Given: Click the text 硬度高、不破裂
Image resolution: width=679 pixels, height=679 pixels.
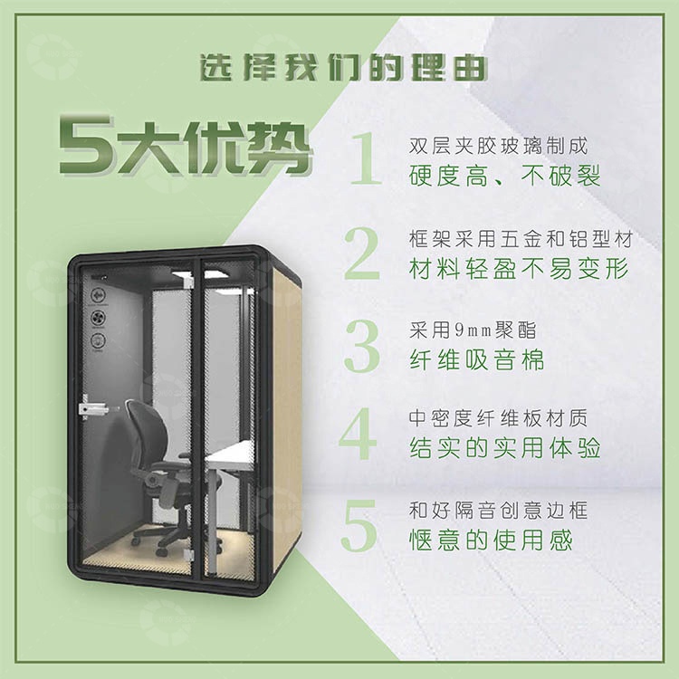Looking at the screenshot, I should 505,175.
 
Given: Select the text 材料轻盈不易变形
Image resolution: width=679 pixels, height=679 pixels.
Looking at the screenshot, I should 517,268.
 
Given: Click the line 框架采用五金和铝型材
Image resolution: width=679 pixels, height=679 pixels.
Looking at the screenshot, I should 520,239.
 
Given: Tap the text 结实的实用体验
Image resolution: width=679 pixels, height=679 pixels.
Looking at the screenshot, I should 505,449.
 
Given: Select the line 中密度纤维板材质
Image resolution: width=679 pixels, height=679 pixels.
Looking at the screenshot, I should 499,419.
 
